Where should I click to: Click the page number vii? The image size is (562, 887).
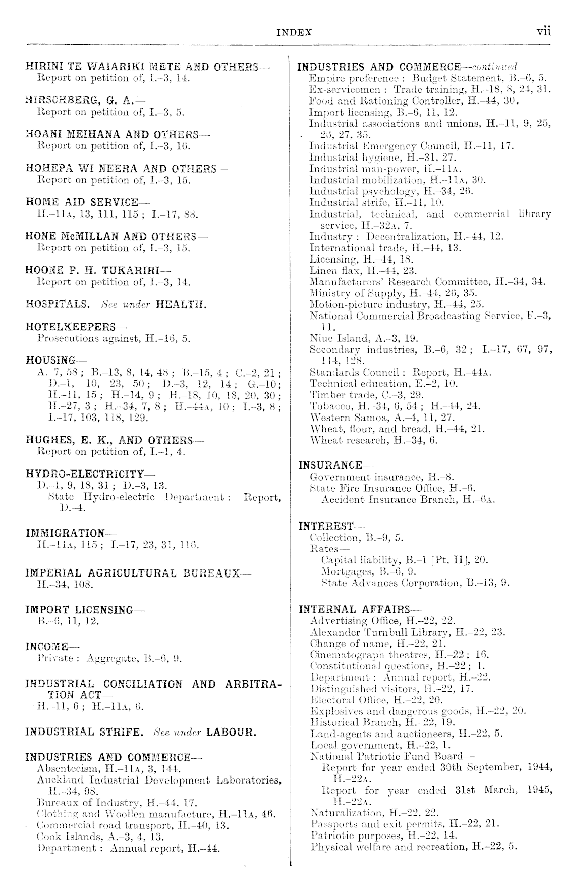(543, 31)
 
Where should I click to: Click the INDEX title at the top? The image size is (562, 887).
(295, 33)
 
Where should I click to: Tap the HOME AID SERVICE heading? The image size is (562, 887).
(82, 202)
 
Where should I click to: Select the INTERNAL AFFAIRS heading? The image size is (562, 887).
(355, 609)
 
